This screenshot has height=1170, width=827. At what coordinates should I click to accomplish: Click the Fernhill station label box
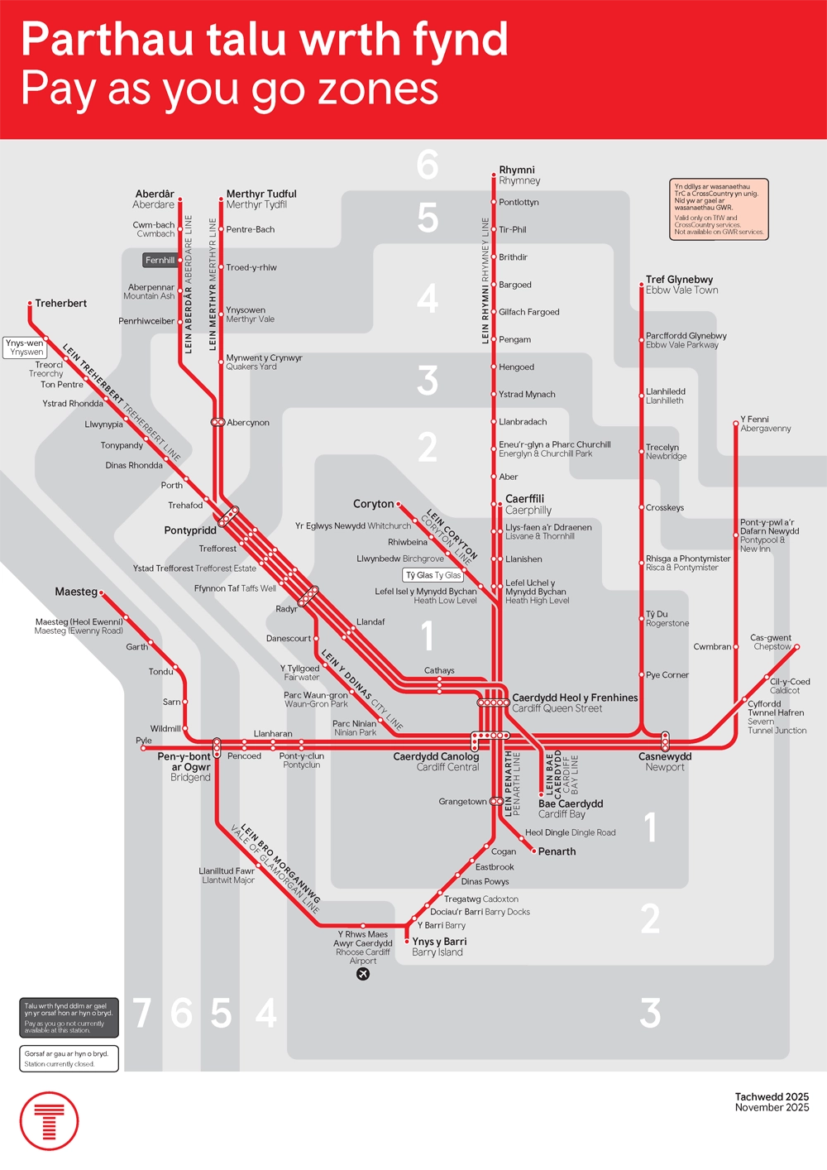pos(160,260)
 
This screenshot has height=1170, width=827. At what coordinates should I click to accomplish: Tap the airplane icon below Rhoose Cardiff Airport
pos(362,974)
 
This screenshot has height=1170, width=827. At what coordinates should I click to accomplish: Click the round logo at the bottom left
pos(50,1121)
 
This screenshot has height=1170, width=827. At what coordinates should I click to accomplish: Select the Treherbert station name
pos(60,304)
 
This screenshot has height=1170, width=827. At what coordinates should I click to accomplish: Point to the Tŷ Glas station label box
pos(433,575)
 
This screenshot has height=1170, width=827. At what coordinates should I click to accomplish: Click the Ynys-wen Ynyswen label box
pos(25,348)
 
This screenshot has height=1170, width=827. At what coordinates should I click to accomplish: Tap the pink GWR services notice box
pos(719,209)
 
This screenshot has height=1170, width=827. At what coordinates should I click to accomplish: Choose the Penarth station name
pos(557,851)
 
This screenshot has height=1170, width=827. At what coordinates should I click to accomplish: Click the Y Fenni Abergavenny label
pos(765,424)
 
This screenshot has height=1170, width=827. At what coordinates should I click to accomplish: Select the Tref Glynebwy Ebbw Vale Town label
pos(681,285)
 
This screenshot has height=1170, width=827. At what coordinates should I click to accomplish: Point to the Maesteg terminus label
pos(76,592)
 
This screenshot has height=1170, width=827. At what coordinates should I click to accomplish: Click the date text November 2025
pos(772,1107)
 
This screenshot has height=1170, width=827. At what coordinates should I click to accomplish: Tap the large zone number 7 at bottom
pos(142,1013)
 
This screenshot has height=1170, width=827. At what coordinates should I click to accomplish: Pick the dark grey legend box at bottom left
pos(69,1018)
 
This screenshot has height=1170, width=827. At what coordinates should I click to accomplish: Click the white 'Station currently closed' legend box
pos(69,1058)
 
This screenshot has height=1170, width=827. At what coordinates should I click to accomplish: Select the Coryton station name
pos(373,504)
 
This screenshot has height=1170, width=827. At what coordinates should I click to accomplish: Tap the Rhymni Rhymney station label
pos(519,175)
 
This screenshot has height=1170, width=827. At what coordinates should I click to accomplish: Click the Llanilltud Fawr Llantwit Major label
pos(227,875)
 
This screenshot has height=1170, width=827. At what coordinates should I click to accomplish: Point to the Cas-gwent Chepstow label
pos(771,642)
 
